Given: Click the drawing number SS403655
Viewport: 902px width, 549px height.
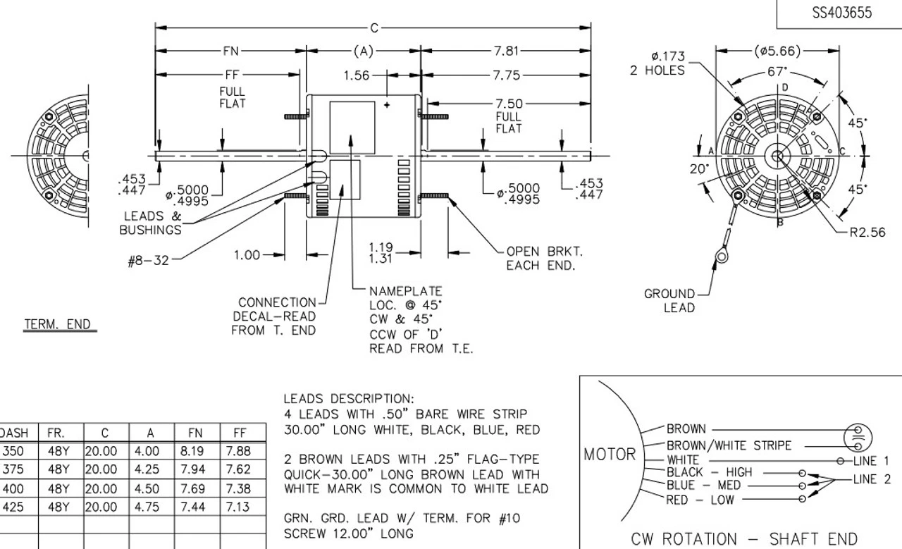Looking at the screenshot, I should click(x=841, y=13).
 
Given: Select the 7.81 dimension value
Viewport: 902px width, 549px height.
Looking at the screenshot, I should click(x=505, y=51).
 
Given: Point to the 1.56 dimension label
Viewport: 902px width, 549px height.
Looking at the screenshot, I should click(x=357, y=75).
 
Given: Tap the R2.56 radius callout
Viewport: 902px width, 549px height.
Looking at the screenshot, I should click(x=867, y=233).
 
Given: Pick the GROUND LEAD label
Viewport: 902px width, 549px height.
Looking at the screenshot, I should click(x=669, y=301).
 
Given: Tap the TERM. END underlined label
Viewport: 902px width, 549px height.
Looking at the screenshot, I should click(x=58, y=325).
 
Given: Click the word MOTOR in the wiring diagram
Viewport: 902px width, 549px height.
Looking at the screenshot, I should click(x=610, y=455).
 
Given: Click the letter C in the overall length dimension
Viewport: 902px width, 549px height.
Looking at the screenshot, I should click(x=373, y=28).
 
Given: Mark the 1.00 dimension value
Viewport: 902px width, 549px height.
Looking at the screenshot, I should click(x=247, y=255).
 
